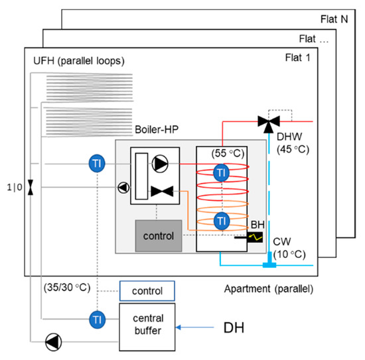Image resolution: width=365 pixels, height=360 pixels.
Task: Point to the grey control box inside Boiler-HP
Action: pos(159,235)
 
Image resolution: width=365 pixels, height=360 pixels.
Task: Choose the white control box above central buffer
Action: pos(147,291)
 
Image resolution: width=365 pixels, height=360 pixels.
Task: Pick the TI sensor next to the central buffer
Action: pos(97,319)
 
